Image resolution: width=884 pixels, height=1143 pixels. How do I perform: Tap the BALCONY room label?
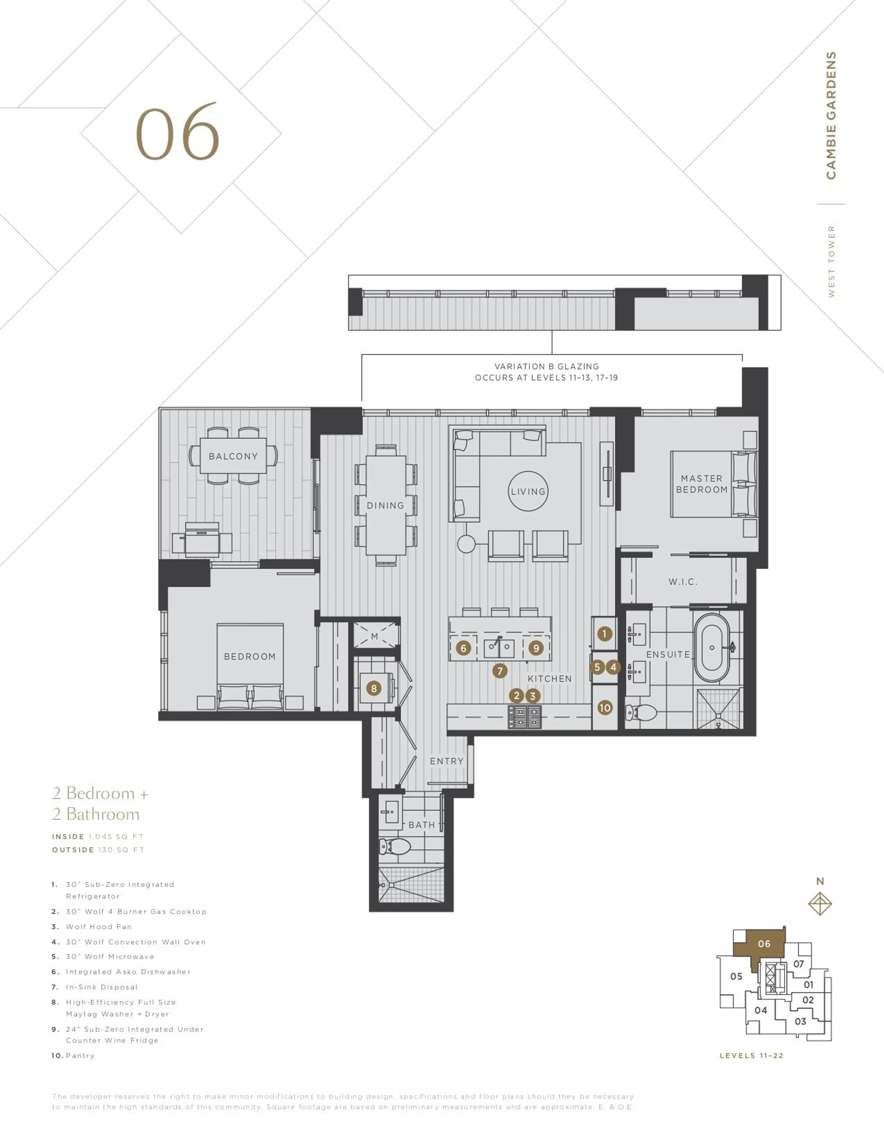(x=233, y=456)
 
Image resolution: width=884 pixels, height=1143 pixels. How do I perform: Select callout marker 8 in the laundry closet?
(x=373, y=688)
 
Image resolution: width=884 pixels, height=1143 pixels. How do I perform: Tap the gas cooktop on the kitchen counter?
(x=524, y=717)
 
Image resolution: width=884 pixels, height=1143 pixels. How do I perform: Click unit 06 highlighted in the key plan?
(x=764, y=944)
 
